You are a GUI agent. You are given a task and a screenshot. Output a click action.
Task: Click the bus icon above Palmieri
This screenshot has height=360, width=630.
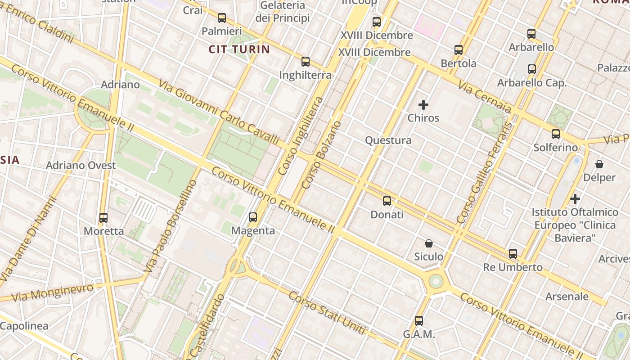221,18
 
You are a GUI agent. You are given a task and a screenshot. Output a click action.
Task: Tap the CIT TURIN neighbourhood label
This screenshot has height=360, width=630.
239,49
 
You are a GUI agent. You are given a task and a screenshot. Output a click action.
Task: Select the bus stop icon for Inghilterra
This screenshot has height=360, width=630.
306,62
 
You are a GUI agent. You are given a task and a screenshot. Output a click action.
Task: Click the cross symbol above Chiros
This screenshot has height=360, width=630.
423,105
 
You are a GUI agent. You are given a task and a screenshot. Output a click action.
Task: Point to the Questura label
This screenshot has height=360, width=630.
388,140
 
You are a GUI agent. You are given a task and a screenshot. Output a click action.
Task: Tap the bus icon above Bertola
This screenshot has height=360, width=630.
459,50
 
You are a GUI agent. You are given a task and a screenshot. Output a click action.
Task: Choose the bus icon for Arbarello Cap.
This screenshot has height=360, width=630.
532,69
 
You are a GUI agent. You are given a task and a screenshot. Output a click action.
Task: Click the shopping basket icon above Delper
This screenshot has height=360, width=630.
599,164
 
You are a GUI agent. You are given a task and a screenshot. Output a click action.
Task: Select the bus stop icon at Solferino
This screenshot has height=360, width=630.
556,134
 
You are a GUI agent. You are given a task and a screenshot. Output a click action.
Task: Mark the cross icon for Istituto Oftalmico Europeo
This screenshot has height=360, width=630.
575,198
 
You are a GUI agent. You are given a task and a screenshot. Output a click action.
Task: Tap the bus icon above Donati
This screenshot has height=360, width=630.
387,201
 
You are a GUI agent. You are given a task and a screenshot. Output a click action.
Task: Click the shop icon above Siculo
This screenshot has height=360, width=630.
429,243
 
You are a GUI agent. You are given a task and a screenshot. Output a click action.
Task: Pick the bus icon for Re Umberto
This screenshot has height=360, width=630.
513,254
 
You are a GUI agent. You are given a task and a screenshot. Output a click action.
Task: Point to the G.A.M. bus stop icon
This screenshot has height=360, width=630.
419,321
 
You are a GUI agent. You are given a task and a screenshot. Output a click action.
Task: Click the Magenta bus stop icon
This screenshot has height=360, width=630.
253,217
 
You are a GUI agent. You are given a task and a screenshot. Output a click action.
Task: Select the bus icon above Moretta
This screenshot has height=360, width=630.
103,218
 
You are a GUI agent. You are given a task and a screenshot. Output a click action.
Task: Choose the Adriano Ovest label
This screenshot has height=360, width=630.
81,165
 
